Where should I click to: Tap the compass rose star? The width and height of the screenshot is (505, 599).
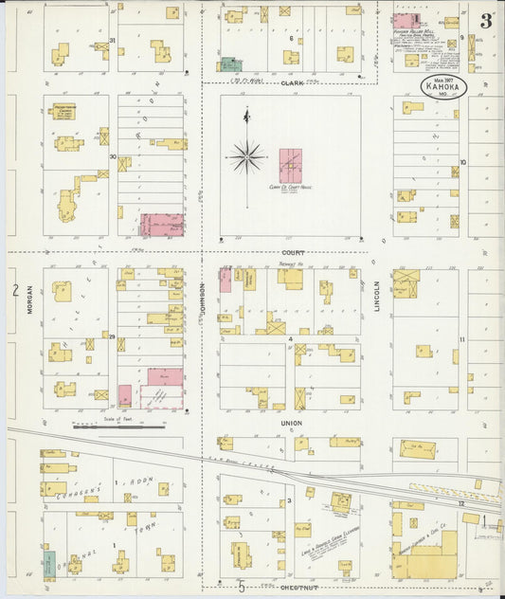[246, 155]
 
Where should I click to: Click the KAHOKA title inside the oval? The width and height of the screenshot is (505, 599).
[443, 86]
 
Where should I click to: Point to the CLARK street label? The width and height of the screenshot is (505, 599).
[290, 82]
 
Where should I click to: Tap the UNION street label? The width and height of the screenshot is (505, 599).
[290, 423]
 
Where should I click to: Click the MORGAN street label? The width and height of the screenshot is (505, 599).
[29, 301]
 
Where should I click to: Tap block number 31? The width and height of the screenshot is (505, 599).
[112, 41]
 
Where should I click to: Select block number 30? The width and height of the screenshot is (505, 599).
[112, 157]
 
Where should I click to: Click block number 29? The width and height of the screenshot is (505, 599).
[112, 336]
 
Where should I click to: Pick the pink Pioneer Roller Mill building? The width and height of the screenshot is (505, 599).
[406, 20]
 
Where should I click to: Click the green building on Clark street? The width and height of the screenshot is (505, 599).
[230, 64]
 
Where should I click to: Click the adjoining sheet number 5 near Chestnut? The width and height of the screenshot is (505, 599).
[242, 588]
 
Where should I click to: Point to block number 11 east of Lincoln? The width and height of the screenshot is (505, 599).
[462, 339]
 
